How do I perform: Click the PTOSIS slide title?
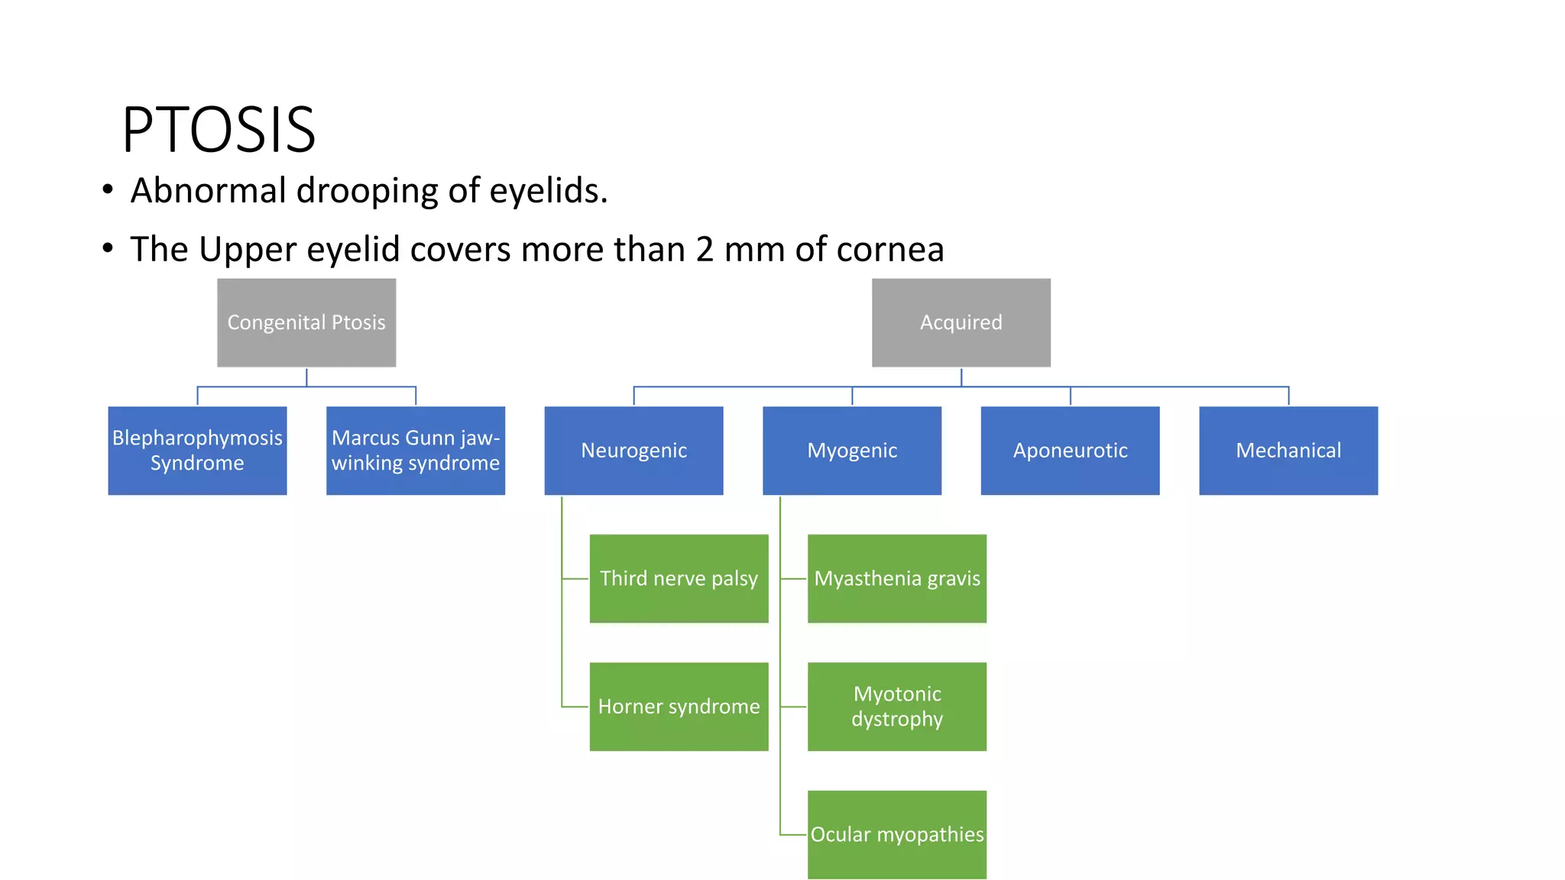pos(219,130)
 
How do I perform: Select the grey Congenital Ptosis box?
pos(306,322)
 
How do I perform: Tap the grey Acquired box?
pos(961,322)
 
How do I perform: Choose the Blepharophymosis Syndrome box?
pos(197,451)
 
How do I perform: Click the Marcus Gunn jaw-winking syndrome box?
pos(416,451)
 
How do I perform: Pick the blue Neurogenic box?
pos(633,451)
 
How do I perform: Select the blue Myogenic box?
pos(852,451)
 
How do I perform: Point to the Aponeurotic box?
pos(1070,451)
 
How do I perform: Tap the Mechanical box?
pos(1288,451)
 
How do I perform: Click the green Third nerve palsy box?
pos(679,578)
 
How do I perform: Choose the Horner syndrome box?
pos(679,707)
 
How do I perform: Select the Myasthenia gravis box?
pos(897,578)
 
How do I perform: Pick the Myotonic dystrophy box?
pos(897,707)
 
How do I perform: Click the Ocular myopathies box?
pos(897,834)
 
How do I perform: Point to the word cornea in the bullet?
pos(890,250)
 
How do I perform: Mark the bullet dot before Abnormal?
pos(108,189)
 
